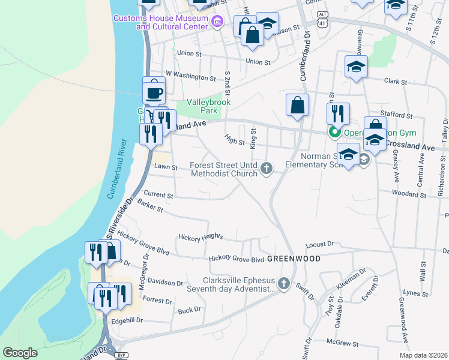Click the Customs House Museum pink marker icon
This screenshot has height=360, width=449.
[x=217, y=22]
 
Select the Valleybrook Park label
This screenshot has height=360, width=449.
[x=201, y=106]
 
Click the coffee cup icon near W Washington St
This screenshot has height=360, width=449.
[x=154, y=93]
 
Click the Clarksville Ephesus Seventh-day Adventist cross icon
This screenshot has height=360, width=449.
[x=284, y=284]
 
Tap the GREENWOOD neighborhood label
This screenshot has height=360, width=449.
[x=294, y=258]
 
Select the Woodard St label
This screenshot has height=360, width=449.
[x=408, y=194]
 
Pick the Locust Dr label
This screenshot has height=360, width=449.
[x=319, y=244]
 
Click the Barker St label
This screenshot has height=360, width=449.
[x=150, y=207]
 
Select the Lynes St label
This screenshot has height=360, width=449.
[x=415, y=293]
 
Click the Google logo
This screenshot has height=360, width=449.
[x=20, y=353]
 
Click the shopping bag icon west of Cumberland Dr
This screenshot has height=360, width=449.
[x=297, y=106]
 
